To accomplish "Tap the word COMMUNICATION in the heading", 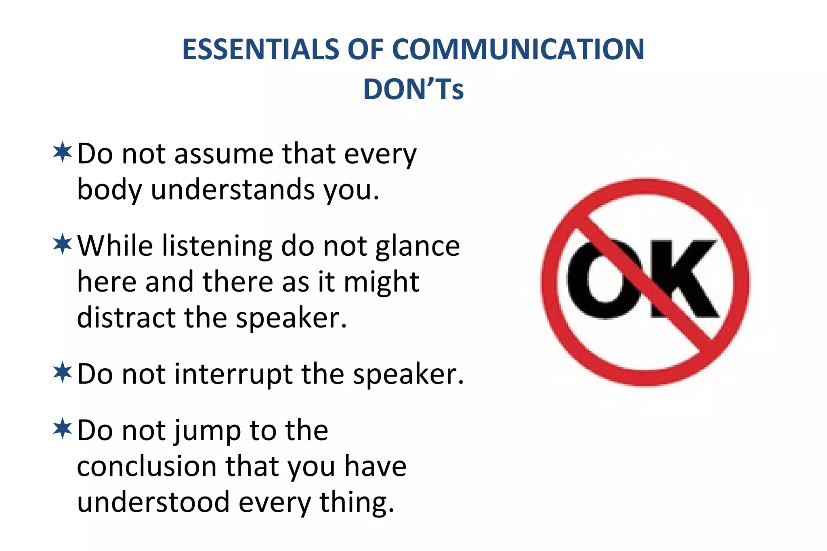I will [x=518, y=50].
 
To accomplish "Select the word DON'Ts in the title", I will [x=413, y=89].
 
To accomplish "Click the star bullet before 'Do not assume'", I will [x=63, y=152].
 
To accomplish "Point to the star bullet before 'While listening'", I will [x=63, y=244].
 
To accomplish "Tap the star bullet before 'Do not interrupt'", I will [x=63, y=372].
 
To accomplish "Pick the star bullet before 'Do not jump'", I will [x=63, y=428].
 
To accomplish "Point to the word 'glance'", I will [x=418, y=246].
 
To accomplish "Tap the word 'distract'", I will [x=126, y=318].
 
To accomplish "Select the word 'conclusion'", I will [x=147, y=467].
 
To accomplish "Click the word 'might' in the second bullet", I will [x=381, y=282].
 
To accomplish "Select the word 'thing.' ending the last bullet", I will [x=357, y=503].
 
